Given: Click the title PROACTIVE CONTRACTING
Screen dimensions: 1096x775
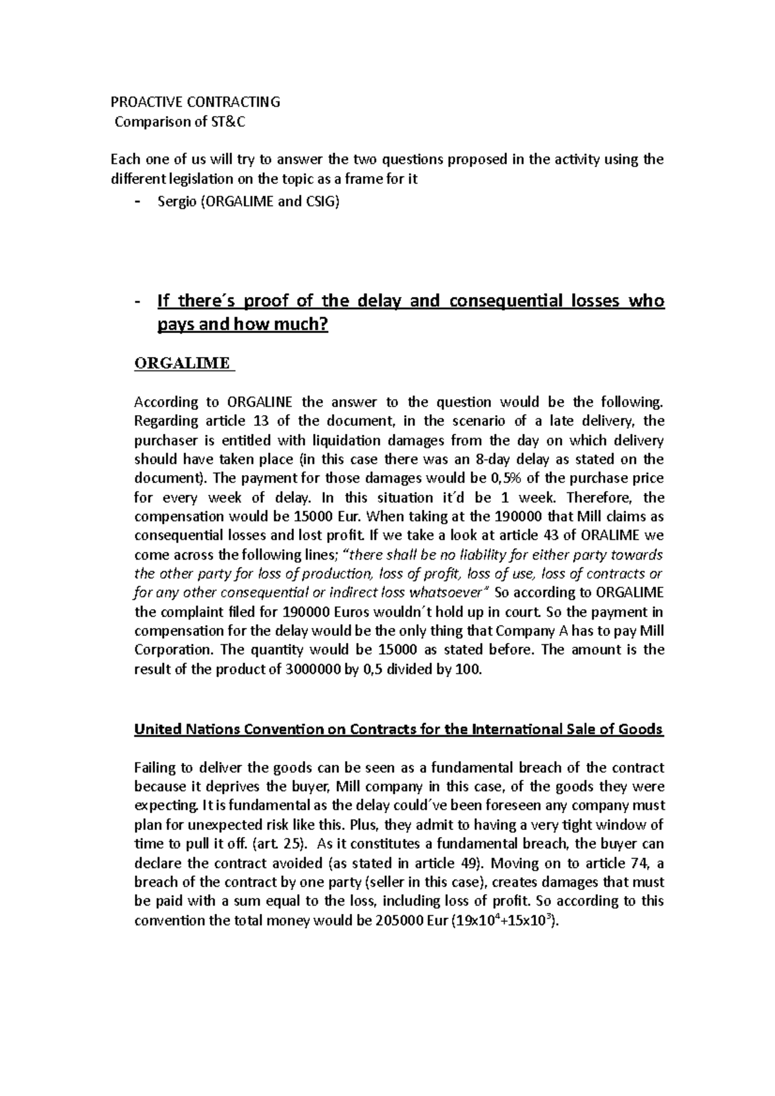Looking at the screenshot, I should (196, 101).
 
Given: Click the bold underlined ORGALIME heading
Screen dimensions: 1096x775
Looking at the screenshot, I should (181, 363).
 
